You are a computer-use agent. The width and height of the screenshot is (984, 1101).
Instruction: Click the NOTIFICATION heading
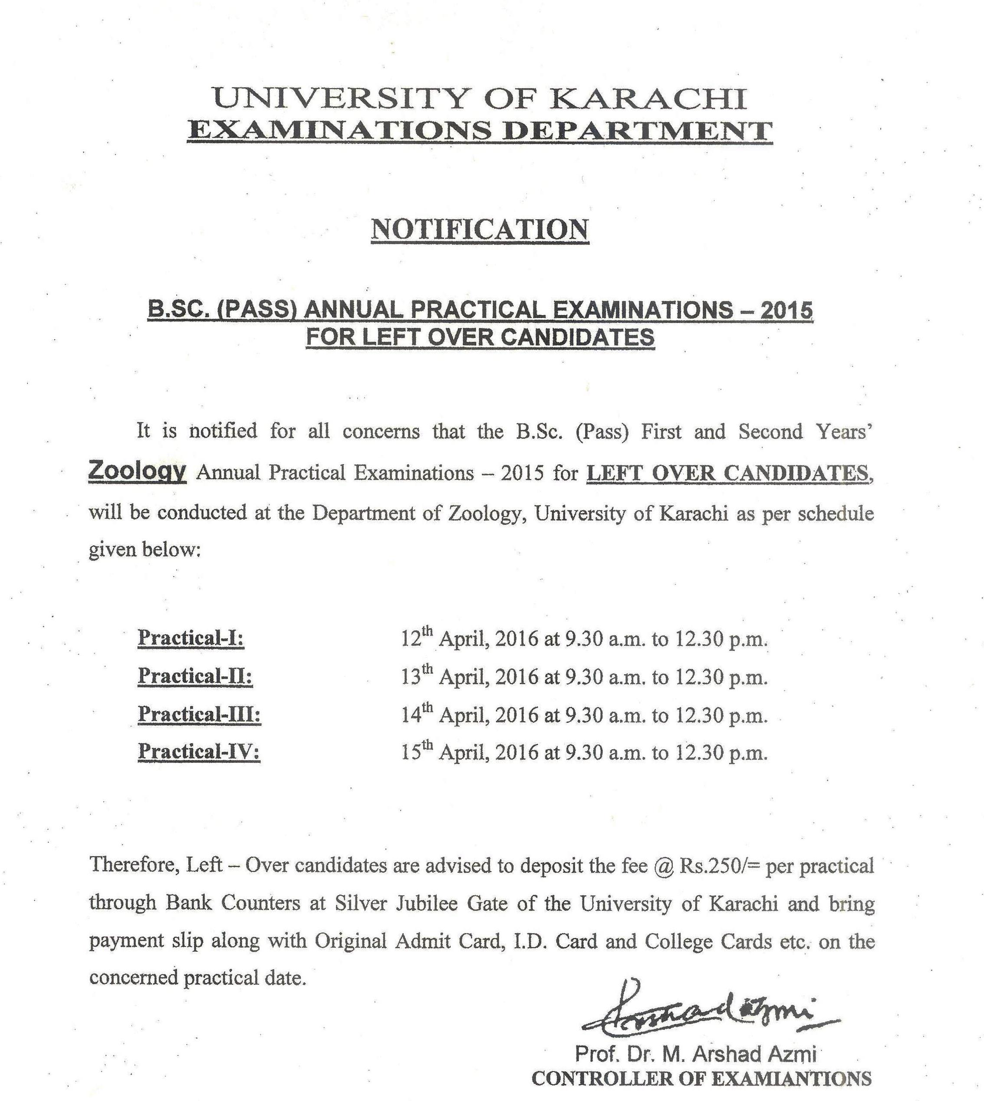coord(480,230)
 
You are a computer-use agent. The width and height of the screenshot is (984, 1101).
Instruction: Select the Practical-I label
coord(191,638)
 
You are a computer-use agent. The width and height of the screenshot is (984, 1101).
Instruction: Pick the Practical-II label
coord(195,676)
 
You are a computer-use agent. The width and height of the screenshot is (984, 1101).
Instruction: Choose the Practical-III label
coord(200,714)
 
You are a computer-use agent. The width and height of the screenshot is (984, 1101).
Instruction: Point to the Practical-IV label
coord(199,752)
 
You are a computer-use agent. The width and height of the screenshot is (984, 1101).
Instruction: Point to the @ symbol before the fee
coord(663,866)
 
